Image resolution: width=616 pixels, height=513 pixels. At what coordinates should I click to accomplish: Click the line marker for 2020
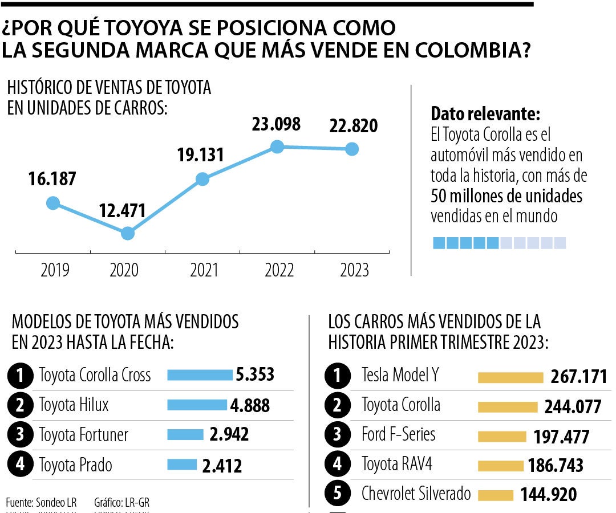point(128,233)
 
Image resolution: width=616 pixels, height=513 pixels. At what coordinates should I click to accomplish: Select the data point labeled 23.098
point(277,146)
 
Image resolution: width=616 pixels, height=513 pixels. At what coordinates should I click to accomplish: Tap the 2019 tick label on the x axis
point(55,270)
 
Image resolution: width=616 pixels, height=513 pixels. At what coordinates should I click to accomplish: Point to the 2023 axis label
point(354,270)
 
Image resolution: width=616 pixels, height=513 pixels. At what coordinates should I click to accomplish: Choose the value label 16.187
point(51,178)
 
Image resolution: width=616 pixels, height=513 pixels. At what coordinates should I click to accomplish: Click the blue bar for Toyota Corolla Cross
point(200,374)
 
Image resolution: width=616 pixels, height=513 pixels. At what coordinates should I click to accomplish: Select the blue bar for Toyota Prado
point(182,465)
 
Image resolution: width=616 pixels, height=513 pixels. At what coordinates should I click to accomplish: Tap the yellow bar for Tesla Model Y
point(510,377)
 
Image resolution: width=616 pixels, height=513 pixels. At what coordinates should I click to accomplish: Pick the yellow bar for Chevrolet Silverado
point(496,495)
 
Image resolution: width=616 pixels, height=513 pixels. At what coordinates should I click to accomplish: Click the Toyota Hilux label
point(74,405)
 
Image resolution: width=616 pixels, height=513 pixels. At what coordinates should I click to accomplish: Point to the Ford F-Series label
point(398,434)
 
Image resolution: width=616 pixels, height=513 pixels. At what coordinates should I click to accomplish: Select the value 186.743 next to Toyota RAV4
point(556,465)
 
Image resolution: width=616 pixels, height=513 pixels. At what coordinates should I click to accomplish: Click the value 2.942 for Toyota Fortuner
point(229,434)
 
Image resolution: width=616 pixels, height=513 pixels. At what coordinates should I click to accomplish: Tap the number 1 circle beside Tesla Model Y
point(337,376)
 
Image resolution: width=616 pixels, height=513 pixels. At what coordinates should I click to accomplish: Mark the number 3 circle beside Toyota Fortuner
point(20,435)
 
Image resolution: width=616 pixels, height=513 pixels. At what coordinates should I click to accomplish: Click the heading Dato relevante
point(485,113)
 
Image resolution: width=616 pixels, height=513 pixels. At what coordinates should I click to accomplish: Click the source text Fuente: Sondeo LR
point(41,502)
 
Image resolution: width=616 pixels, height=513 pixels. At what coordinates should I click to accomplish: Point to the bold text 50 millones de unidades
point(506,196)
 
